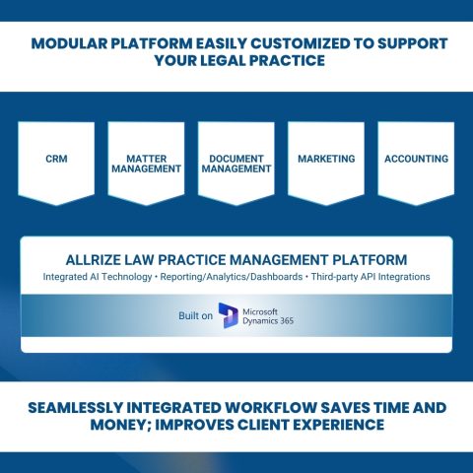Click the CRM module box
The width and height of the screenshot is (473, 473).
[56, 160]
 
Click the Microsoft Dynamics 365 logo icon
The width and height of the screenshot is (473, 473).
[230, 314]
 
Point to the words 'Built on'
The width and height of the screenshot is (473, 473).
[194, 315]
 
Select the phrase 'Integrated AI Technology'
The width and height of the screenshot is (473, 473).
[96, 277]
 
